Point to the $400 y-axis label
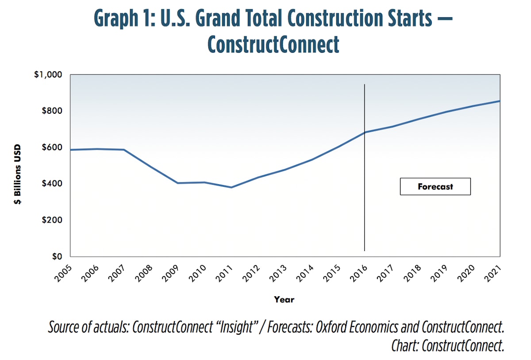[x=52, y=183]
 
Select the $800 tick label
[x=52, y=111]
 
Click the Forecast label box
[x=435, y=186]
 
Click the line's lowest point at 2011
[x=231, y=187]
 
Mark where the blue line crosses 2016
[x=365, y=132]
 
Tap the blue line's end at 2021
[x=499, y=101]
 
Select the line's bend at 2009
[x=178, y=183]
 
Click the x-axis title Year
[x=284, y=300]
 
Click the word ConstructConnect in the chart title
[x=273, y=45]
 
